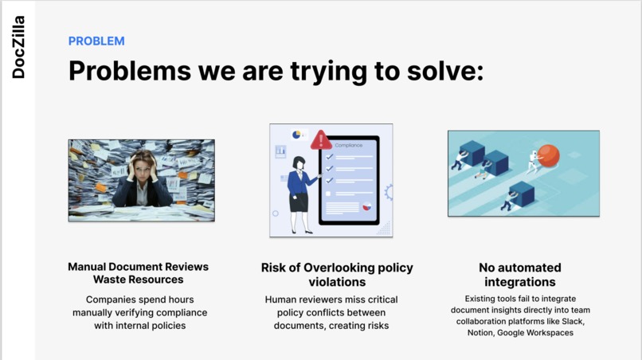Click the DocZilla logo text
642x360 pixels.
click(x=18, y=47)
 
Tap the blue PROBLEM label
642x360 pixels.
click(x=96, y=41)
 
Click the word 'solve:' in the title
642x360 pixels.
click(x=445, y=70)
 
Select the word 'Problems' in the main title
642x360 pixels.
click(x=130, y=70)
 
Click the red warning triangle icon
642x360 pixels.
click(x=321, y=140)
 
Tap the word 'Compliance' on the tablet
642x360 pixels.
click(x=348, y=146)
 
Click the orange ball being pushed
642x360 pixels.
click(x=548, y=155)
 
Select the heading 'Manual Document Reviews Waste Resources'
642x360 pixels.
click(x=139, y=273)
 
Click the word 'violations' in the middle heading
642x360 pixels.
click(x=337, y=282)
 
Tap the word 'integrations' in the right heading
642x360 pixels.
click(x=520, y=282)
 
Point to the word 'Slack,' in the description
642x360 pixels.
click(x=573, y=322)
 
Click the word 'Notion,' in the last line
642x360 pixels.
click(x=480, y=333)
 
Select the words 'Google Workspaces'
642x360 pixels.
click(x=535, y=333)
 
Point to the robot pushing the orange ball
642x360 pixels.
click(x=533, y=162)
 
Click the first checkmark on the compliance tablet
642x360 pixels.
click(x=330, y=156)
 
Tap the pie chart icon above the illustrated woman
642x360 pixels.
click(x=296, y=135)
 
